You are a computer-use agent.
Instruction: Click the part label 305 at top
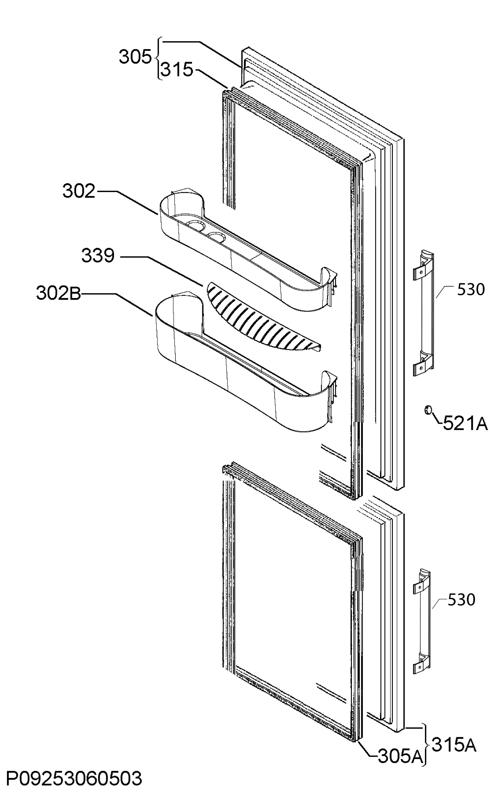[135, 57]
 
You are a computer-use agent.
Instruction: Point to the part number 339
[98, 255]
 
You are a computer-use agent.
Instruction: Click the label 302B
[58, 293]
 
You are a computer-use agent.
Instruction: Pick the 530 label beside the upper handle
[471, 289]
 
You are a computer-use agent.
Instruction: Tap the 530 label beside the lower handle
[461, 599]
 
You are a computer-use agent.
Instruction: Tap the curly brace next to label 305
[158, 59]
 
